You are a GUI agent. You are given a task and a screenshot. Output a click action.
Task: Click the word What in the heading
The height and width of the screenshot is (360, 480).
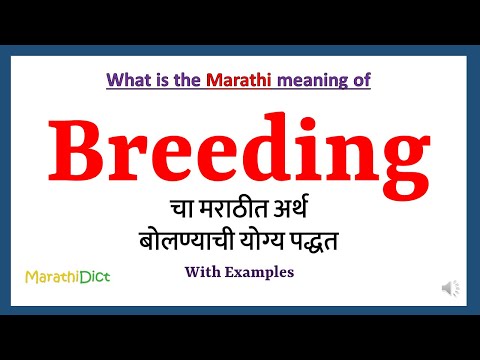(127, 79)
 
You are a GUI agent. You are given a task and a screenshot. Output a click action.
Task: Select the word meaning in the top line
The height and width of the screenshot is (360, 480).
(305, 79)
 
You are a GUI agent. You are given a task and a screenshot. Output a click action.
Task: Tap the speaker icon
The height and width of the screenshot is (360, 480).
(452, 289)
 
